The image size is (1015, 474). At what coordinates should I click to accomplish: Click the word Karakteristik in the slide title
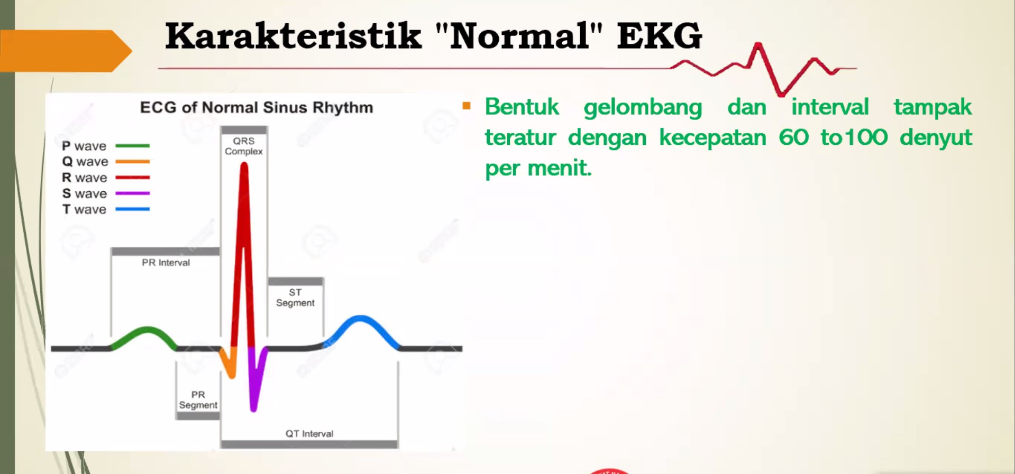(x=293, y=36)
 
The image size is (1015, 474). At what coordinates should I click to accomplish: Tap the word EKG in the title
(x=660, y=36)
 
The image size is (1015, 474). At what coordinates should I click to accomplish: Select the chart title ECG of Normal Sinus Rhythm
(x=257, y=107)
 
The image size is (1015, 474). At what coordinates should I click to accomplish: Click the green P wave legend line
(x=132, y=145)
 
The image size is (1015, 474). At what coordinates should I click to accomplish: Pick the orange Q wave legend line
(x=132, y=161)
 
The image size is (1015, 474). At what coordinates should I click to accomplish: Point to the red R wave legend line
(x=132, y=178)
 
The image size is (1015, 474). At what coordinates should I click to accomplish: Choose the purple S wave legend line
(x=132, y=193)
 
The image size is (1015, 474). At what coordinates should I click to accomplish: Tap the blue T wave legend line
(x=132, y=209)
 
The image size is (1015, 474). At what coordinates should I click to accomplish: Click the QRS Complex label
(x=244, y=146)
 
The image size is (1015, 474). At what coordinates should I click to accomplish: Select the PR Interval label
(x=166, y=263)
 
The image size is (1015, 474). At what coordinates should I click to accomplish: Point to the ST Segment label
(x=295, y=298)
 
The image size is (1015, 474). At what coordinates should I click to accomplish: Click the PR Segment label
(x=198, y=400)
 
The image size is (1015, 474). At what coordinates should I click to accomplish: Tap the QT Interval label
(x=309, y=434)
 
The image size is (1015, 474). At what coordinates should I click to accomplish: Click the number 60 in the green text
(x=793, y=137)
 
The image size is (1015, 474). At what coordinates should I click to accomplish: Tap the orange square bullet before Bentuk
(x=466, y=106)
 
